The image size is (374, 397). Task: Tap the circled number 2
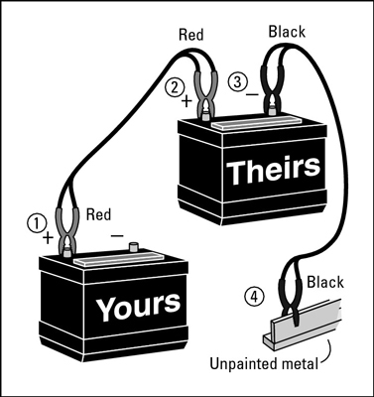[x=177, y=85]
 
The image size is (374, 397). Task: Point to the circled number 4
[x=256, y=295]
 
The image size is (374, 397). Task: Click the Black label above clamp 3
[x=287, y=32]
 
